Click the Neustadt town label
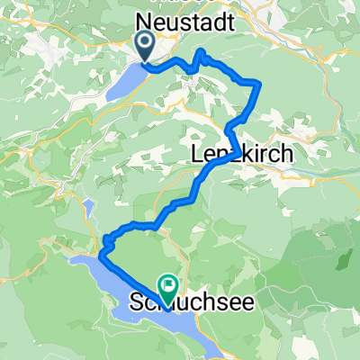[x=185, y=19]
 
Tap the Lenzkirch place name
[x=242, y=155]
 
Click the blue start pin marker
[x=144, y=43]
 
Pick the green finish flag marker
[x=167, y=286]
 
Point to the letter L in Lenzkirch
[x=199, y=155]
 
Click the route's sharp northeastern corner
[x=259, y=83]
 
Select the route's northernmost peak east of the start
[x=199, y=55]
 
